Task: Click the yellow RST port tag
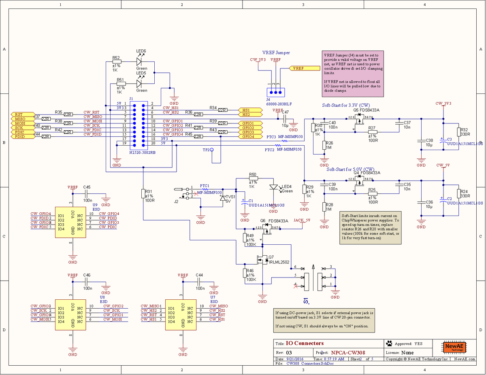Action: pos(19,114)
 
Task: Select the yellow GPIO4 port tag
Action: pos(248,137)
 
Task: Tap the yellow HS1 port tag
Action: pos(247,110)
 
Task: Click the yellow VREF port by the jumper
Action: pos(300,68)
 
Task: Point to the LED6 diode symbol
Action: pos(139,62)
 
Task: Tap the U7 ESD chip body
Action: pos(183,314)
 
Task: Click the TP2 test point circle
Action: pos(211,150)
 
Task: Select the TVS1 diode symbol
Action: pos(222,198)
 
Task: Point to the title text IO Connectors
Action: pos(305,343)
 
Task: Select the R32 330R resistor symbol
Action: pos(459,132)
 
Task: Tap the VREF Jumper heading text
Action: pos(276,53)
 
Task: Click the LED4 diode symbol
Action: pos(274,187)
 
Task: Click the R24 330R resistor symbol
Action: pos(459,194)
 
